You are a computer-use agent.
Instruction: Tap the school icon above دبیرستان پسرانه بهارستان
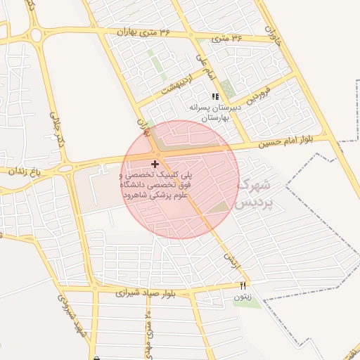pos(215,97)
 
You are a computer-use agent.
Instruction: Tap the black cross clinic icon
pos(155,164)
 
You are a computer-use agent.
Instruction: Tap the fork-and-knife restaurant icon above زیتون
pos(243,285)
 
